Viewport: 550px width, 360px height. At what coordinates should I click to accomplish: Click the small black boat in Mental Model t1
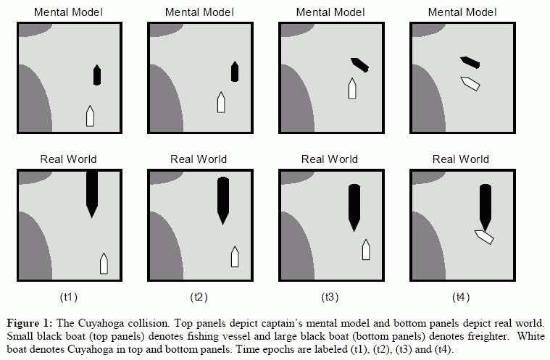[97, 75]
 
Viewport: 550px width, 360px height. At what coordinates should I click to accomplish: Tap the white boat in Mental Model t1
[91, 115]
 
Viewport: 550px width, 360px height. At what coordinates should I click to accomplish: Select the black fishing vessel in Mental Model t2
[235, 71]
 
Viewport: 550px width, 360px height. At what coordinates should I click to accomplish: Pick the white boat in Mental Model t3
[353, 88]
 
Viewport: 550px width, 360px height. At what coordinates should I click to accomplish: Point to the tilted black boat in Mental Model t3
[359, 64]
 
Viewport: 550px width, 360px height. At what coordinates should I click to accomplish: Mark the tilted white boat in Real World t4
[484, 236]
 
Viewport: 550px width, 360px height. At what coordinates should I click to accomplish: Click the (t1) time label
[69, 297]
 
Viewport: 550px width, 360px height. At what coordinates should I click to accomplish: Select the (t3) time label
[330, 297]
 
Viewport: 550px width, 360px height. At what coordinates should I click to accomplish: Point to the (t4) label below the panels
[460, 297]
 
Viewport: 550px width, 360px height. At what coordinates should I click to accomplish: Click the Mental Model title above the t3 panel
[330, 12]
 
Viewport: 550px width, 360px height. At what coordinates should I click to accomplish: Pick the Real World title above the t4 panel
[460, 159]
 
